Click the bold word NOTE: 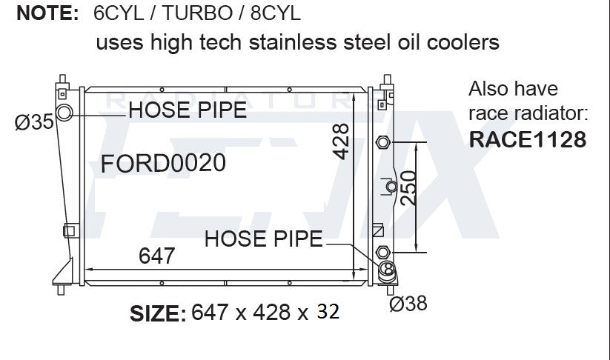(x=47, y=13)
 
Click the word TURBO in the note (x=197, y=13)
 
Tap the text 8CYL (x=276, y=13)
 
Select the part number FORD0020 (x=163, y=163)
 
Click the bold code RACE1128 (x=528, y=139)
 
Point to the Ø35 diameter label (x=34, y=122)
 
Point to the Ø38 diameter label (x=408, y=303)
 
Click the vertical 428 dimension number (x=341, y=141)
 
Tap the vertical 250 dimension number (x=408, y=189)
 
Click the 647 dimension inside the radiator (x=157, y=256)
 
